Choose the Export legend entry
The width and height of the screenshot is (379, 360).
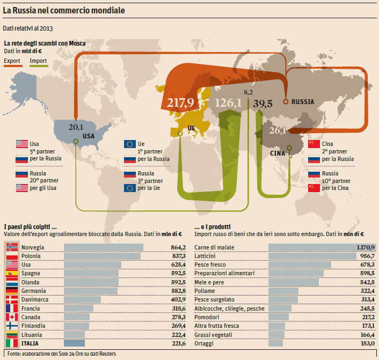point(12,61)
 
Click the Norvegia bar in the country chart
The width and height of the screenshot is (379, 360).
point(104,247)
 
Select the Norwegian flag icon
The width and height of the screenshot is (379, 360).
point(12,247)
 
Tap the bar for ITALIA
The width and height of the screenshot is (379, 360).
point(75,343)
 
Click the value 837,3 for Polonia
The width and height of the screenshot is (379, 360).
point(177,256)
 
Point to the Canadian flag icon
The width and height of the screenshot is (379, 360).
point(12,317)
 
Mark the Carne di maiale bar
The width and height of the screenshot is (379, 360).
point(315,247)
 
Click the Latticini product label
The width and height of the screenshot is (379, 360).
point(206,256)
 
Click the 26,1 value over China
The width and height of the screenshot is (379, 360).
point(277,130)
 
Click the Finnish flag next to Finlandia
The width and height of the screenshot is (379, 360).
point(12,326)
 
